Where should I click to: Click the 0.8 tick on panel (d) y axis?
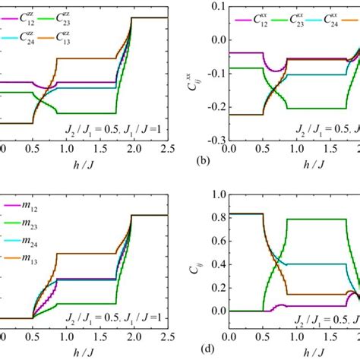tap(216, 218)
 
